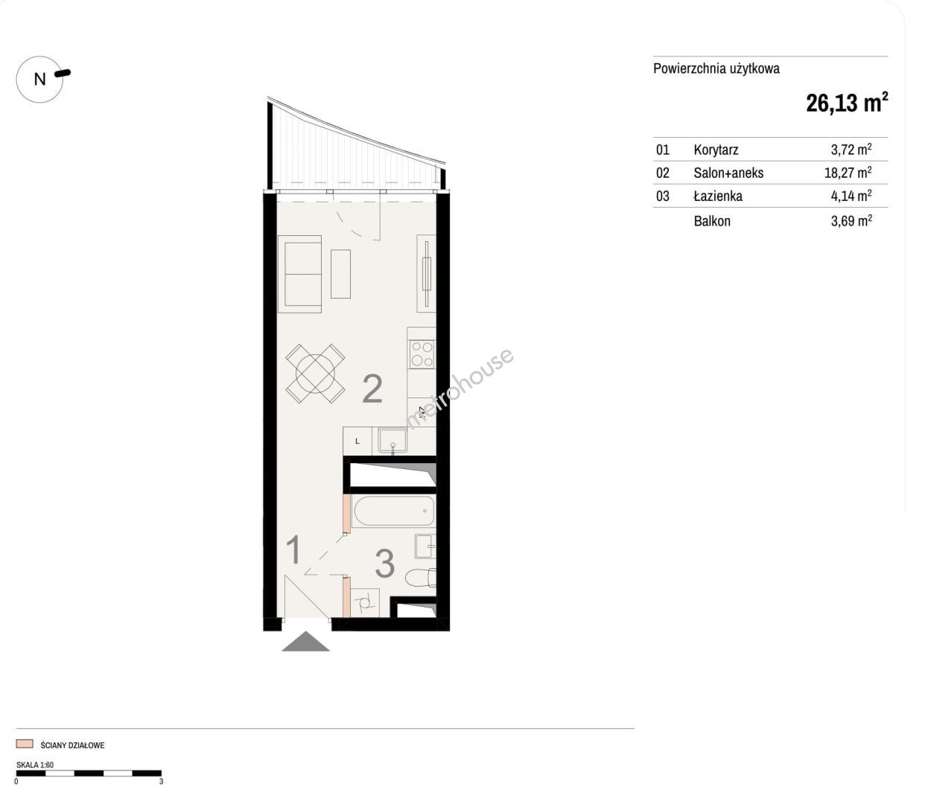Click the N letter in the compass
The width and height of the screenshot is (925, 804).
coord(39,80)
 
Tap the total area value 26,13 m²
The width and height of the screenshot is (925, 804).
coord(846,103)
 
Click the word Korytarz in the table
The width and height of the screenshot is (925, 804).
coord(716,150)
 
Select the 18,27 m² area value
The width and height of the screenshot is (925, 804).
coord(848,173)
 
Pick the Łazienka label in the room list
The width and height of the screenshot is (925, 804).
coord(718,196)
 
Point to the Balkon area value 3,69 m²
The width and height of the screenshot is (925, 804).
coord(851,221)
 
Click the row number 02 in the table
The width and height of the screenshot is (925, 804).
coord(662,173)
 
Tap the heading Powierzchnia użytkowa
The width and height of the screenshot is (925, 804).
coord(716,68)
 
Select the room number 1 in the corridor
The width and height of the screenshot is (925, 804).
coord(294,549)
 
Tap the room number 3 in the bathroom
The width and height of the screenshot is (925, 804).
coord(385,564)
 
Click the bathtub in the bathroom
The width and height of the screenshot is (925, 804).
coord(393,511)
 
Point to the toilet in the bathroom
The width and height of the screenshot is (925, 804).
coord(421,578)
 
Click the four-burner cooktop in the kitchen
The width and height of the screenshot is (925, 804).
coord(422,354)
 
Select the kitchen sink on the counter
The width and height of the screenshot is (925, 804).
coord(392,441)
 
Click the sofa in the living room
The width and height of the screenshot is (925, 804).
coord(299,274)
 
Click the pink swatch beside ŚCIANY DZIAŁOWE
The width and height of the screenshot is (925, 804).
coord(25,744)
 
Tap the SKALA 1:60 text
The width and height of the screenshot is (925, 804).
coord(35,765)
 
